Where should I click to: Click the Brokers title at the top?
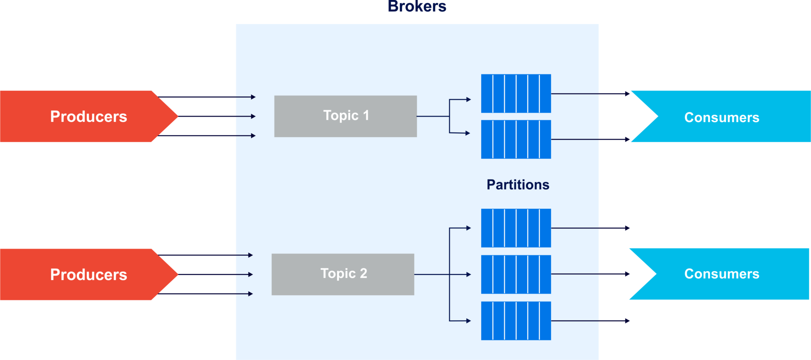[417, 6]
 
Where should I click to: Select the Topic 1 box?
[345, 116]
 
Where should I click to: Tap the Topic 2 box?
[343, 274]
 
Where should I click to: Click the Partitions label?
[518, 185]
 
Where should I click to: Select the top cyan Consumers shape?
[722, 117]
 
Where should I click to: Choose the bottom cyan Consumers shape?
[722, 274]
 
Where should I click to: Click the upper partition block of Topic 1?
[516, 93]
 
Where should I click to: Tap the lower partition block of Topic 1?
[516, 139]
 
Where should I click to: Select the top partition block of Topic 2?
[516, 228]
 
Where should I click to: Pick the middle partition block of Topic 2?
[516, 274]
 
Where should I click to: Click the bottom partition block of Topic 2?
[516, 321]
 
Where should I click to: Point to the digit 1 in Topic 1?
[366, 115]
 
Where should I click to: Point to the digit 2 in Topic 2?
[363, 273]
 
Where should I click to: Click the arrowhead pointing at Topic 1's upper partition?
[468, 99]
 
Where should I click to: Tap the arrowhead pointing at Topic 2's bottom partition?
[468, 321]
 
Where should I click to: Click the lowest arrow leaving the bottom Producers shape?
[206, 294]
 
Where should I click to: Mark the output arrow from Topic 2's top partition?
[590, 228]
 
